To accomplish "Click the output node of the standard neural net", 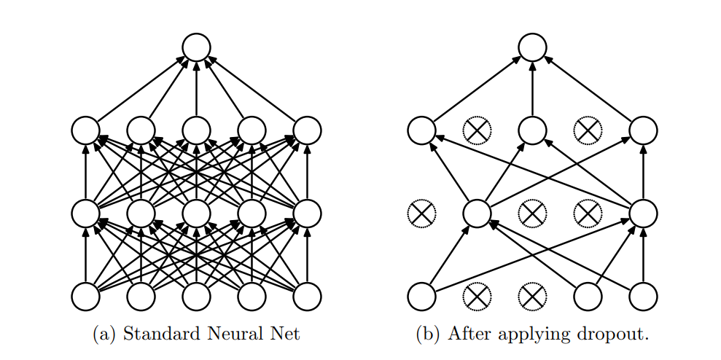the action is pos(196,47).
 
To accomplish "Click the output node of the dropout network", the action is pos(532,47).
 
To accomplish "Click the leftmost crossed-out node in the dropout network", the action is pos(421,214).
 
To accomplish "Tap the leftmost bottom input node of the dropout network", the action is pos(421,297).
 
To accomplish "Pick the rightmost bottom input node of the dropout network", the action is pos(643,297).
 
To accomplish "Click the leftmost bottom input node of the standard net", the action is pos(85,297).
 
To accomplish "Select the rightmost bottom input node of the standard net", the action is pos(307,297).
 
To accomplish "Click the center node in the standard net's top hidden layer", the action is pos(196,130).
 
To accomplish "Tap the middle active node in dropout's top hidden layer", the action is pos(532,130).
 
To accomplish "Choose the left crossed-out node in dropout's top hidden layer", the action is pos(477,130).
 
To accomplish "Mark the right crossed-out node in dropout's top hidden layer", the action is pos(588,130).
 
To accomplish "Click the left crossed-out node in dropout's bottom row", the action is pos(477,297).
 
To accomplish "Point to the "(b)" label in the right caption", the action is pos(429,334).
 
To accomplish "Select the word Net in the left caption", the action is pos(287,333).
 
